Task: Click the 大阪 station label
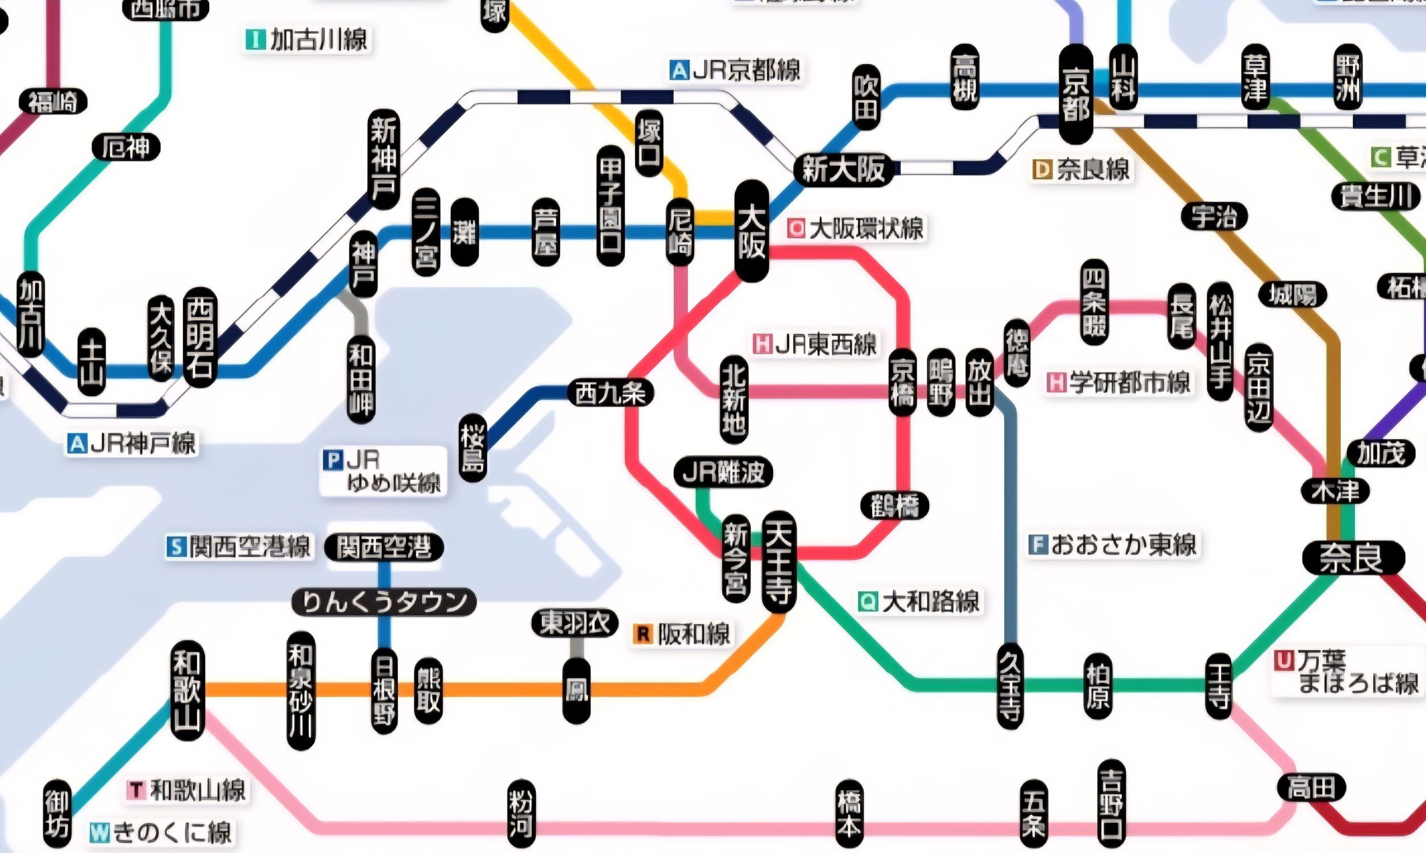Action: (x=752, y=231)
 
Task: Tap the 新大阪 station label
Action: (x=843, y=169)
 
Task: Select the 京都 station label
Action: (x=1076, y=95)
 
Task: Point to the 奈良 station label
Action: (x=1352, y=558)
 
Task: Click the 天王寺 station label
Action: (x=779, y=562)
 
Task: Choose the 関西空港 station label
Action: (x=384, y=547)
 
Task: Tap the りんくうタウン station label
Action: (x=384, y=602)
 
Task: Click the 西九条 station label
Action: (x=610, y=394)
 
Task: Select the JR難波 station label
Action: (x=723, y=473)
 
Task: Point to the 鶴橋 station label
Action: (x=894, y=506)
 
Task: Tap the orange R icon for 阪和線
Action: (x=643, y=635)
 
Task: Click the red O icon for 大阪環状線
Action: (x=797, y=228)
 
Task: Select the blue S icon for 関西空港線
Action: (x=176, y=546)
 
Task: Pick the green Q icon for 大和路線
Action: (x=868, y=601)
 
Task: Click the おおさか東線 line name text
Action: (x=1123, y=545)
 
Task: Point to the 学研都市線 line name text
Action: (x=1129, y=383)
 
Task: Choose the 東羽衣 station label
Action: (x=574, y=623)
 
